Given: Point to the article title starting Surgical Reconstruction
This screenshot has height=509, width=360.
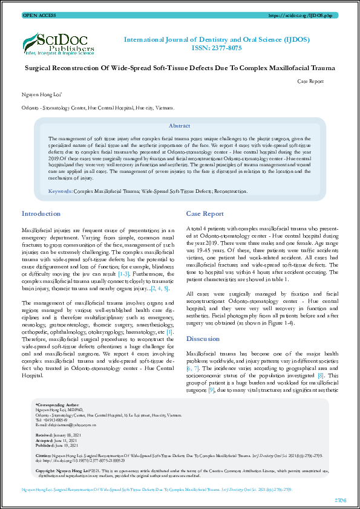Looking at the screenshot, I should [180, 68].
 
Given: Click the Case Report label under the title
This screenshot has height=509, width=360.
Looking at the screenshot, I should [311, 81].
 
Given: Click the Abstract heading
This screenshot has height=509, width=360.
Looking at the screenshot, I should [179, 126].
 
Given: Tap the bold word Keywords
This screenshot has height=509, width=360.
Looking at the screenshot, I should [60, 191].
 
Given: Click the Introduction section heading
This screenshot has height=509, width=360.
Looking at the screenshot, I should [41, 214].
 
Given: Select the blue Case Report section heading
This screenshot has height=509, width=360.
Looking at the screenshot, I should [205, 214].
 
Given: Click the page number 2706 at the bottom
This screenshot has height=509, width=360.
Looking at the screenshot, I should [341, 499].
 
